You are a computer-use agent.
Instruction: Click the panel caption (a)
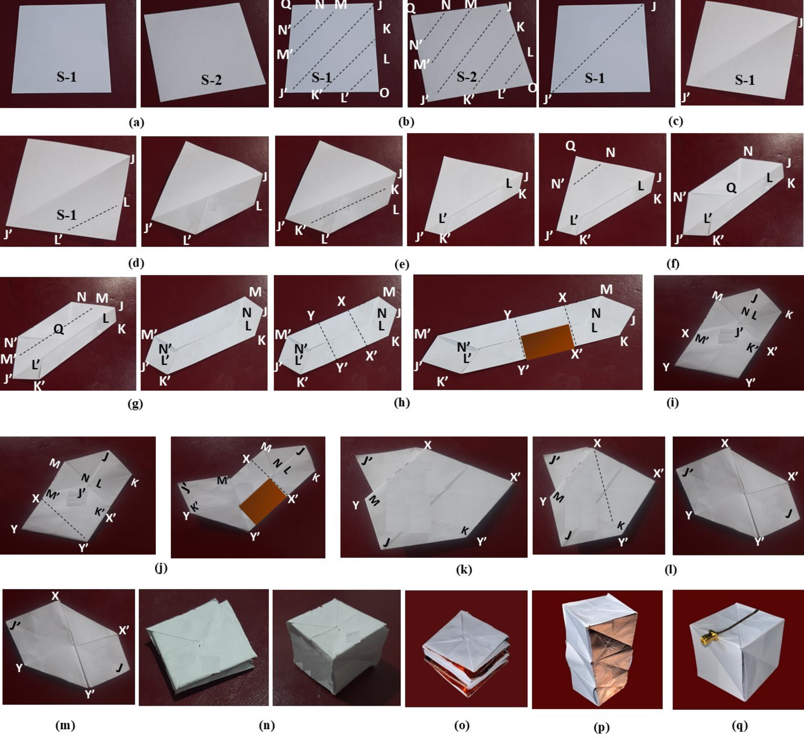136,123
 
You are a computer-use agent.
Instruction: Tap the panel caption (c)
676,121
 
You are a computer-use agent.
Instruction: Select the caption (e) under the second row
402,265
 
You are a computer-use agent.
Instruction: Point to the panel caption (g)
136,404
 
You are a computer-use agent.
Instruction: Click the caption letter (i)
673,402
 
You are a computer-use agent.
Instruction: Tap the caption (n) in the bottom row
267,725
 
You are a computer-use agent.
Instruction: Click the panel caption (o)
462,725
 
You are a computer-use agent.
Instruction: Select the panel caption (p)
602,727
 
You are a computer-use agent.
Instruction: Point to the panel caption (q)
740,725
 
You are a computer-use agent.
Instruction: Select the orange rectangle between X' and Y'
263,502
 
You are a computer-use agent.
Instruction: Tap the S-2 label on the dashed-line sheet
466,77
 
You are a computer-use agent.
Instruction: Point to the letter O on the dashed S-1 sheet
384,93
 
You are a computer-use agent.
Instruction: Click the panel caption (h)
402,402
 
